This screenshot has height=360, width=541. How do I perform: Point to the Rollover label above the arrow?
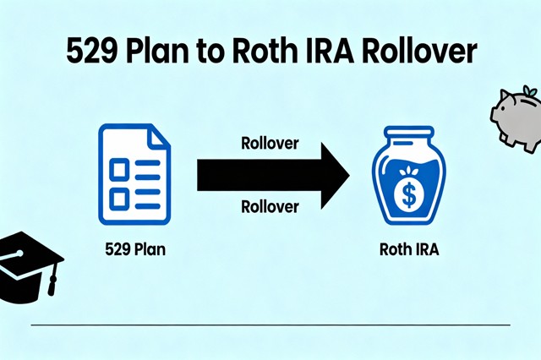[270, 143]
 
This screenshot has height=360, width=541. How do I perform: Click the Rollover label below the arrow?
[270, 205]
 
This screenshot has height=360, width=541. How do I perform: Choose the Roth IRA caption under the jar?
[409, 249]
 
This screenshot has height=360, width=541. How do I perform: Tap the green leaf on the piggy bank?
[529, 90]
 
